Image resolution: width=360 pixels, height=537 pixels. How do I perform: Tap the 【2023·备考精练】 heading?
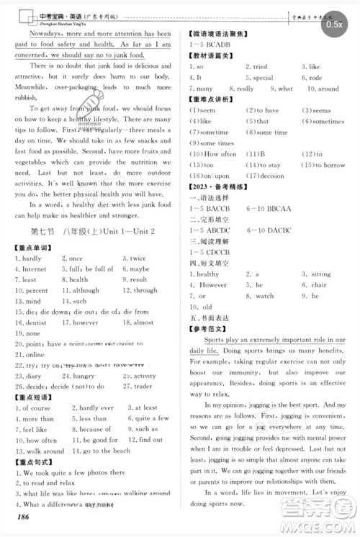217,186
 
